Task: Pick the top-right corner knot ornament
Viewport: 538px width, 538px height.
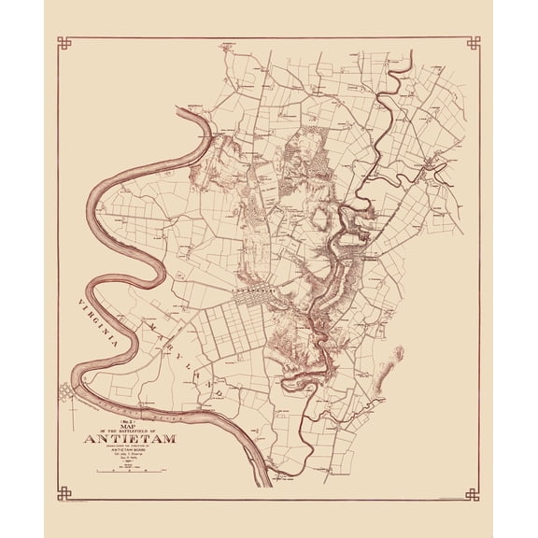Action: (x=474, y=43)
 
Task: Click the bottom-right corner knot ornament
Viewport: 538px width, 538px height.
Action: (x=474, y=492)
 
